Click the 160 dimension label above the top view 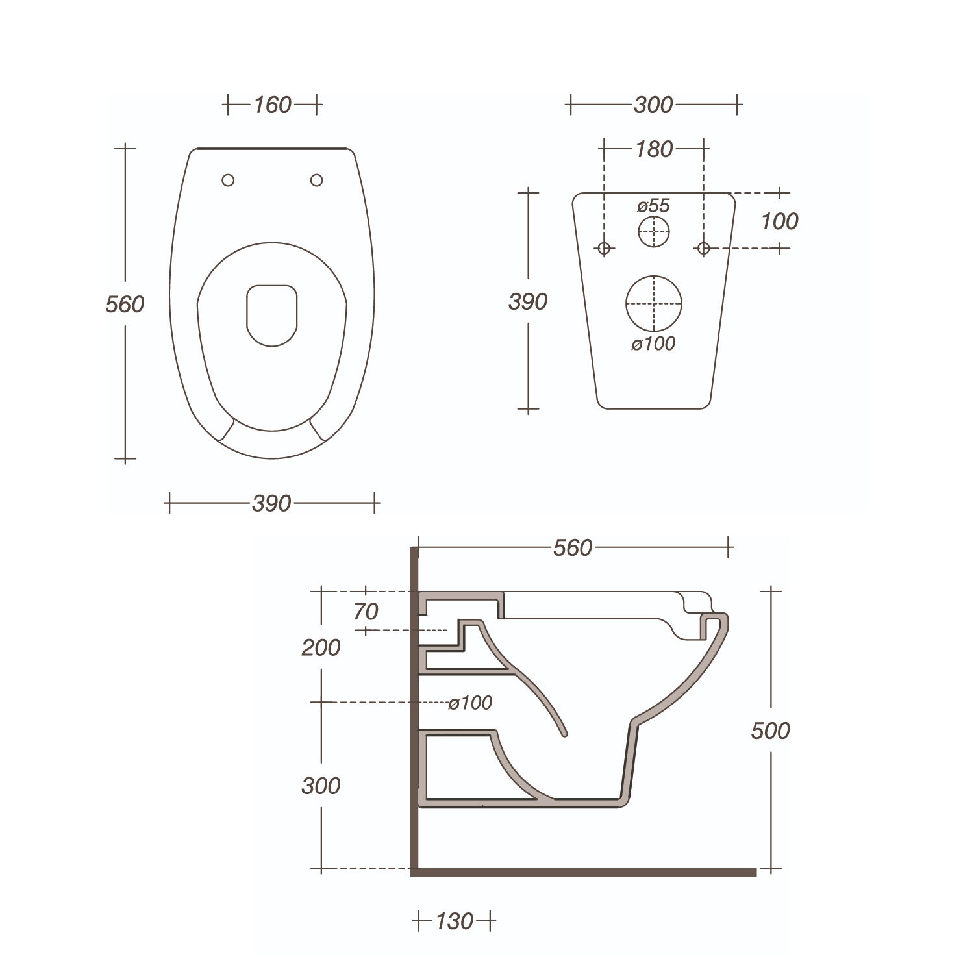tap(272, 105)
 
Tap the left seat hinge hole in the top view tap(228, 181)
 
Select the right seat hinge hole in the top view tap(316, 180)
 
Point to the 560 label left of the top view tap(125, 304)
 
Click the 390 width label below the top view tap(271, 503)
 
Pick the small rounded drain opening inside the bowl tap(272, 315)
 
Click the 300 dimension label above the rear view tap(653, 105)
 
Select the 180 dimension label tap(653, 149)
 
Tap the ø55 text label tap(653, 206)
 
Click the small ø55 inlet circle tap(653, 232)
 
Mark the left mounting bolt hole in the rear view tap(604, 247)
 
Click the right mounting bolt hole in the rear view tap(703, 247)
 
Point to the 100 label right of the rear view tap(779, 221)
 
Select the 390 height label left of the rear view tap(528, 302)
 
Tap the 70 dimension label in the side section tap(366, 611)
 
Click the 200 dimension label tap(321, 647)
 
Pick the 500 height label tap(770, 730)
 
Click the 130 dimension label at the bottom tap(454, 921)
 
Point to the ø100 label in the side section tap(470, 703)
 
